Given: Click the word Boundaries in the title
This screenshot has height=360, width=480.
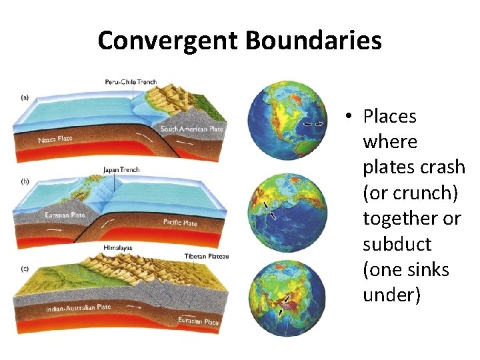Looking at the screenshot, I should click(x=313, y=41).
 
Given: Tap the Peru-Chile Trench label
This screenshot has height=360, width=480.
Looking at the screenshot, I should click(x=131, y=82).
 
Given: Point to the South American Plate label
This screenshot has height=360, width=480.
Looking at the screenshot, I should click(x=192, y=128).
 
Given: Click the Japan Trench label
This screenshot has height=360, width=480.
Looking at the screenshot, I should click(x=121, y=169).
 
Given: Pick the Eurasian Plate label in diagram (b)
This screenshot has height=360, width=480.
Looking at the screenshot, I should click(x=65, y=215).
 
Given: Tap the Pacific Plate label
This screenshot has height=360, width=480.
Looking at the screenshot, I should click(x=180, y=222).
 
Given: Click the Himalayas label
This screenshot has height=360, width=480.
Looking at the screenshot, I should click(x=118, y=247).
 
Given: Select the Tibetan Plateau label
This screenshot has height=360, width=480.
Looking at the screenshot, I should click(x=207, y=257).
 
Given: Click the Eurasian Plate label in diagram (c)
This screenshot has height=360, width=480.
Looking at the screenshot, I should click(x=198, y=321).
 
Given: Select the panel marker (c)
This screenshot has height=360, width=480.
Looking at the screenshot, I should click(x=25, y=269).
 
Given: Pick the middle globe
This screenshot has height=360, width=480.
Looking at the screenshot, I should click(x=287, y=209).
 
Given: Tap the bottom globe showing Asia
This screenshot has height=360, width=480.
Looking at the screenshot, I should click(x=287, y=298).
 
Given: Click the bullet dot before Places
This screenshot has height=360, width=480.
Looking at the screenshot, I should click(x=349, y=117).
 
